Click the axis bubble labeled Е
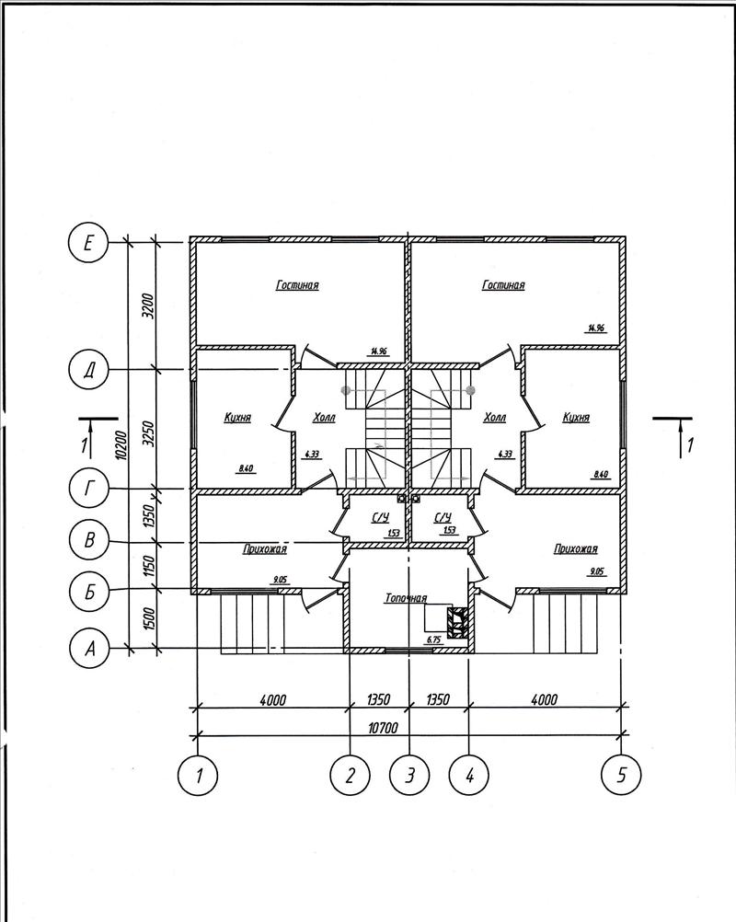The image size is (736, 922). coord(88,243)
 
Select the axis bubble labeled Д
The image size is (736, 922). coord(88,371)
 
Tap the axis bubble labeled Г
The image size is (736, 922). coord(88,490)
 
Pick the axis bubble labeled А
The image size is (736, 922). coord(89,649)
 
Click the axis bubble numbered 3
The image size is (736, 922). coord(409,776)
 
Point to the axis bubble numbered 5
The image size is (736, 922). coord(621,775)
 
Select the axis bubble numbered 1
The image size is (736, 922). coord(198,776)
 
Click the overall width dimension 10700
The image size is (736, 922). coord(383,728)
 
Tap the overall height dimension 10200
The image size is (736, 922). coord(121,444)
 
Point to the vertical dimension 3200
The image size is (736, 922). coord(148,305)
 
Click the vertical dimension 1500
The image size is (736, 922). coord(148,619)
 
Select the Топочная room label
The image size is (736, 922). coord(406,598)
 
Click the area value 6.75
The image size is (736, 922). coord(434,640)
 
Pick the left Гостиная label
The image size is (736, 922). coord(297,285)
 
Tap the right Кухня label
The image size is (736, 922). coord(576,417)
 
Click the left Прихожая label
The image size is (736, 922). coord(265,548)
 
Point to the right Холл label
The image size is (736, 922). coord(494,417)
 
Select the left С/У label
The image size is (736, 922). coord(380,517)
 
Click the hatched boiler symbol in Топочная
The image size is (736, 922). coord(457,622)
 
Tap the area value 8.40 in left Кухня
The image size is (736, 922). coord(246,468)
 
